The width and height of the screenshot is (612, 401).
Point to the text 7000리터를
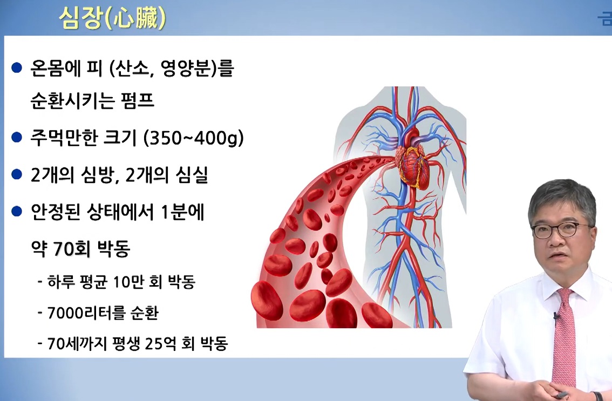pos(81,313)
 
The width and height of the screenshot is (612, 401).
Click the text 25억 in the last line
pos(164,344)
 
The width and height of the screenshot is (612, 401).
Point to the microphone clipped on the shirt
pos(556,318)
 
